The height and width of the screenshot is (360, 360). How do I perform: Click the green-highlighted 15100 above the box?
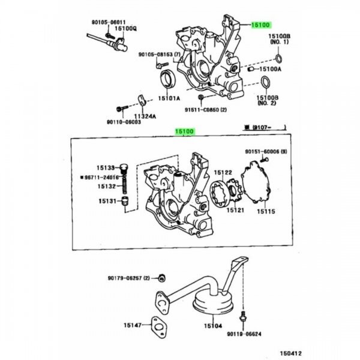pos(184,131)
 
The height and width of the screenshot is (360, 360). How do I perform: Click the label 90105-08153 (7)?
pos(159,54)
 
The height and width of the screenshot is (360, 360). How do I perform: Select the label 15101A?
pos(169,98)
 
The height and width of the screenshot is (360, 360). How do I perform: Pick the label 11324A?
pos(145,116)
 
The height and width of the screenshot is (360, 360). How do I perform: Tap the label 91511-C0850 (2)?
pos(206,110)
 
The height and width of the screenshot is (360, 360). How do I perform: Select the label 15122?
pos(223,173)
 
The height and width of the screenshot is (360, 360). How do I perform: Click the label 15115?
pos(266,211)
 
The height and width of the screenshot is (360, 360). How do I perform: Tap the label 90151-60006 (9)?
pos(265,152)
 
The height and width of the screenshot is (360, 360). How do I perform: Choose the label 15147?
pos(133,325)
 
